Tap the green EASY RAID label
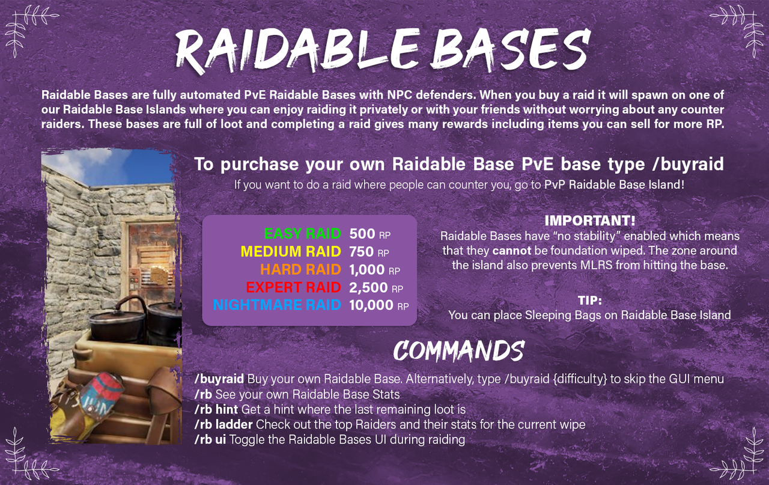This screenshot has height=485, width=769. [302, 233]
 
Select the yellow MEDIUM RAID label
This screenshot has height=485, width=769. [291, 251]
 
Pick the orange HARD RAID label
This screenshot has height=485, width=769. [300, 269]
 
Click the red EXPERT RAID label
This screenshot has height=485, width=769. [294, 287]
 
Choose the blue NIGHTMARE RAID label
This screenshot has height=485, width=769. [277, 305]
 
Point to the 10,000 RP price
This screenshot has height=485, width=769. [378, 305]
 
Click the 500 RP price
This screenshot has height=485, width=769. [370, 233]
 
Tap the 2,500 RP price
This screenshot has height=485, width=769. [376, 287]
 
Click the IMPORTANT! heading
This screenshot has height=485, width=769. [590, 221]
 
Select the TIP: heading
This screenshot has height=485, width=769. [590, 300]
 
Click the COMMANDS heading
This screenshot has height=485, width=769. [458, 351]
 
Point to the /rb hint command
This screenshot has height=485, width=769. [216, 409]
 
